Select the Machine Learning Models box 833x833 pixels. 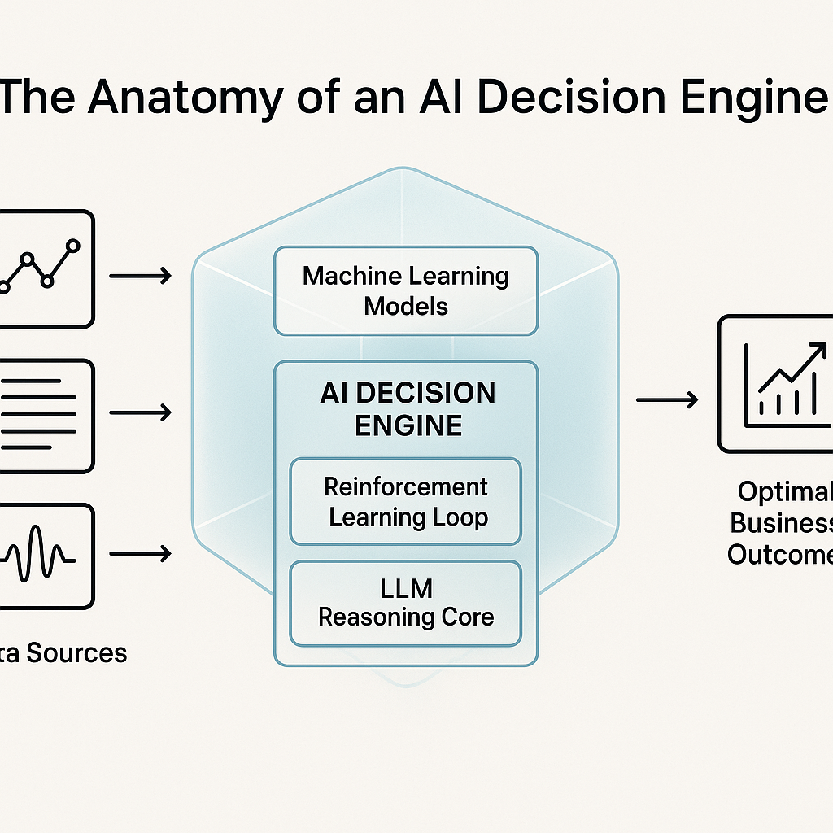(405, 291)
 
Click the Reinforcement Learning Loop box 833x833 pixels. (405, 501)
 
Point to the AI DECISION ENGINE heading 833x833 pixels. (407, 408)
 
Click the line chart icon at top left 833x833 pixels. (45, 268)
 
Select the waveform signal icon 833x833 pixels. (45, 556)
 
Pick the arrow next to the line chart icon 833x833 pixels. (140, 277)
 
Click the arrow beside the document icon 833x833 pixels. (140, 413)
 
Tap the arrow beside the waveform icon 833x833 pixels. (140, 555)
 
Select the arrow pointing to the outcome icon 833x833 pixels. (666, 399)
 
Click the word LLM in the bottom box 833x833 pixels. (405, 587)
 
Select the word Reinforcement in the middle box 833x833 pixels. (405, 486)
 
